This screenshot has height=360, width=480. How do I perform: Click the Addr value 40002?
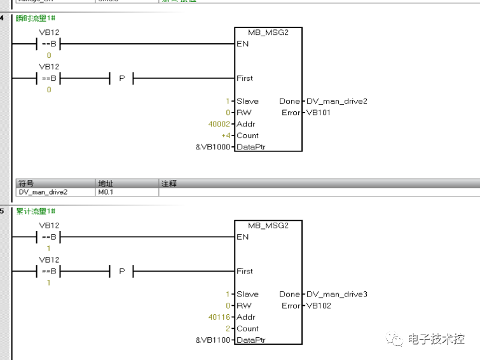click(x=220, y=124)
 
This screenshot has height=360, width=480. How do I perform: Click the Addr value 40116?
click(x=220, y=317)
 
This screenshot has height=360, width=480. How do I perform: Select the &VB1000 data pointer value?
click(x=213, y=147)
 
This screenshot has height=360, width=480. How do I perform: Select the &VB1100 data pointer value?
click(x=213, y=340)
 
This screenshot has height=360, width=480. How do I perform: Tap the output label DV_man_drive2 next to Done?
click(x=337, y=101)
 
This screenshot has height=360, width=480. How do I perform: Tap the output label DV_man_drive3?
click(x=337, y=294)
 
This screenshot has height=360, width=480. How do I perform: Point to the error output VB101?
click(x=319, y=113)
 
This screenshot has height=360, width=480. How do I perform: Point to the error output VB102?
click(x=319, y=306)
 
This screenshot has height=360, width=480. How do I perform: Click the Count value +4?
click(x=226, y=135)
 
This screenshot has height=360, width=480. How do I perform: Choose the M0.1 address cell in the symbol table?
click(x=107, y=191)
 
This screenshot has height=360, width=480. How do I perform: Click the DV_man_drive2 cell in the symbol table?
click(x=43, y=191)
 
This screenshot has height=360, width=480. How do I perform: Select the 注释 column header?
click(x=169, y=183)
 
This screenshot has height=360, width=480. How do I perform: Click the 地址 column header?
click(x=105, y=183)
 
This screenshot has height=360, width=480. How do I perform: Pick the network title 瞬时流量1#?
click(x=36, y=18)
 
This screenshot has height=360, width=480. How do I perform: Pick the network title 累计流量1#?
click(x=36, y=211)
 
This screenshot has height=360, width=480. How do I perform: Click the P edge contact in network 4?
click(x=121, y=78)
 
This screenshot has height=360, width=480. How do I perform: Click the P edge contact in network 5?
click(x=121, y=272)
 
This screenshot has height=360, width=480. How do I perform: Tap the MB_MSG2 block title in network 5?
click(x=268, y=225)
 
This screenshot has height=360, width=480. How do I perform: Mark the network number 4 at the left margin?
click(x=2, y=18)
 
